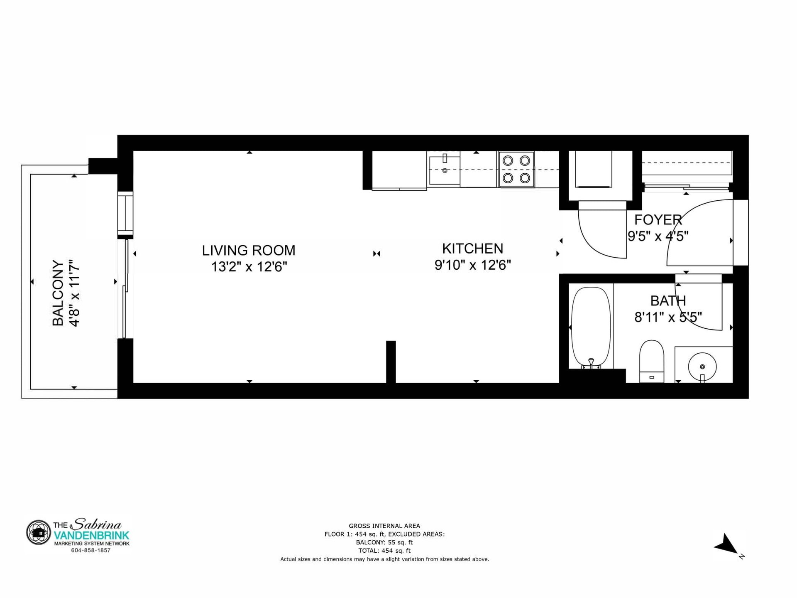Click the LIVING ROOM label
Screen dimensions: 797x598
pyautogui.click(x=249, y=250)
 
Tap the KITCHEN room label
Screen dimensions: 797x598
pyautogui.click(x=472, y=249)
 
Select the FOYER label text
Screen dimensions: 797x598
pyautogui.click(x=658, y=219)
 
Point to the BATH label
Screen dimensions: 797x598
pyautogui.click(x=668, y=300)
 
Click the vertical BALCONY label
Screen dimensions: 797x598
pyautogui.click(x=58, y=293)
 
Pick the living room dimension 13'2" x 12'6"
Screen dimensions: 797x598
pyautogui.click(x=249, y=266)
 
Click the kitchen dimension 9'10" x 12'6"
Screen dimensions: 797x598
pyautogui.click(x=472, y=265)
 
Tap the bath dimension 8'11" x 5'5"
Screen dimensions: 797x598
pyautogui.click(x=668, y=317)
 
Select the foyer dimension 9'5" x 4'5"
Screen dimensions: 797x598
pyautogui.click(x=658, y=236)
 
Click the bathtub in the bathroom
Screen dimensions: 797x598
pyautogui.click(x=591, y=328)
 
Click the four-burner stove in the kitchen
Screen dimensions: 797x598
pyautogui.click(x=516, y=170)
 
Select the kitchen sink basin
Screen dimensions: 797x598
pyautogui.click(x=445, y=170)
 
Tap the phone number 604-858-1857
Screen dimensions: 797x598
pyautogui.click(x=90, y=550)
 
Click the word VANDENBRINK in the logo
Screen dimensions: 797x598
pyautogui.click(x=92, y=535)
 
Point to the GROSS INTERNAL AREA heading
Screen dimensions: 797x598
pyautogui.click(x=384, y=526)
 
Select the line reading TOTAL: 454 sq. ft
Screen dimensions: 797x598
pyautogui.click(x=384, y=551)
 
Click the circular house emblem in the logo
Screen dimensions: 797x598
pyautogui.click(x=39, y=532)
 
